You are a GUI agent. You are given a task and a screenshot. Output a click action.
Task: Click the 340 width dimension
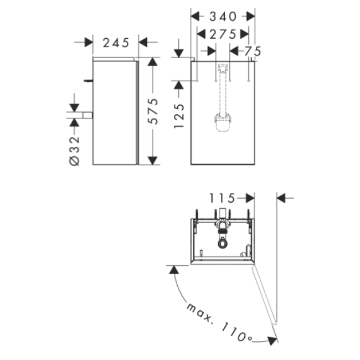coord(223,17)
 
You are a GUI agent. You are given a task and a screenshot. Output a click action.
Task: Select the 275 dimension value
coord(223,34)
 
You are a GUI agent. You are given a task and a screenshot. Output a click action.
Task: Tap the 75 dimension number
coord(253,51)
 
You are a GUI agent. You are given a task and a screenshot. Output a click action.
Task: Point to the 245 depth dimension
coord(116,43)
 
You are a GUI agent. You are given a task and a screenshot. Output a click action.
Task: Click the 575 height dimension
coord(153,111)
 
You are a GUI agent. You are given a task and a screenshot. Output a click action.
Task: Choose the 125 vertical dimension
coord(179,116)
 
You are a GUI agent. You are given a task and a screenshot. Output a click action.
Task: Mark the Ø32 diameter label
coord(74,151)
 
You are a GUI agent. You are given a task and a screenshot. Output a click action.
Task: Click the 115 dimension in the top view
coord(222,198)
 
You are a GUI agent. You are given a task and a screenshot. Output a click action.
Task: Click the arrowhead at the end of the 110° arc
coord(272,340)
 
